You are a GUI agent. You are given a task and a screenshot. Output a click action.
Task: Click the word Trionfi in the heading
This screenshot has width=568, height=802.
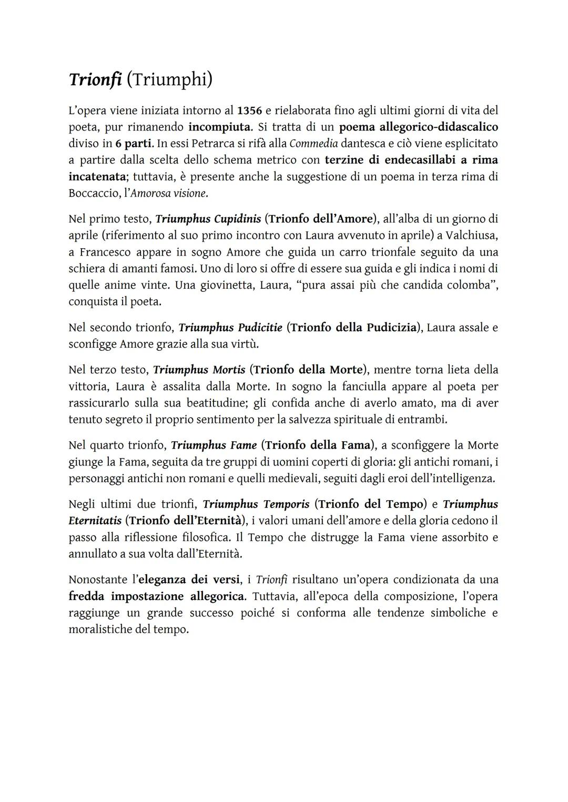tap(95, 79)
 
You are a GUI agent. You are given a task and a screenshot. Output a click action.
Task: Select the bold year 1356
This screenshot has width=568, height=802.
tap(250, 110)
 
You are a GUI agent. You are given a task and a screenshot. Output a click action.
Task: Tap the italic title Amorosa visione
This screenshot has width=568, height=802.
tap(169, 193)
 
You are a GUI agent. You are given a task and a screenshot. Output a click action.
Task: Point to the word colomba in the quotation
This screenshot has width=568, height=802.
tap(468, 285)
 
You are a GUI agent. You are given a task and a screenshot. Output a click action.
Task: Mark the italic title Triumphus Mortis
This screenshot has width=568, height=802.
tap(199, 370)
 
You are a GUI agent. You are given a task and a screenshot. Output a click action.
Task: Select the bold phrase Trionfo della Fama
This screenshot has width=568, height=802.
tap(318, 445)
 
